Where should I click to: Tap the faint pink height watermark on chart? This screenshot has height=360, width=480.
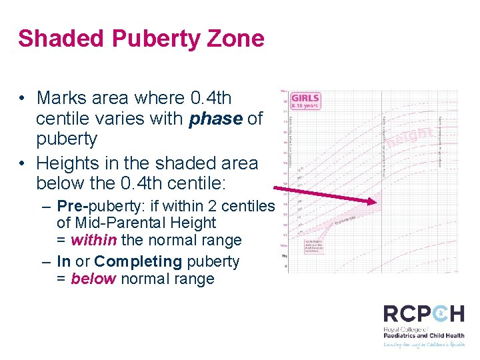[410, 138]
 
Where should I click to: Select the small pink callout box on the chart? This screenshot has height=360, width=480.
[315, 245]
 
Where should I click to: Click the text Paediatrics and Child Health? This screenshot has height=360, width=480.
[423, 336]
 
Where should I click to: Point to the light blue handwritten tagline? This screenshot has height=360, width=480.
[423, 345]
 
